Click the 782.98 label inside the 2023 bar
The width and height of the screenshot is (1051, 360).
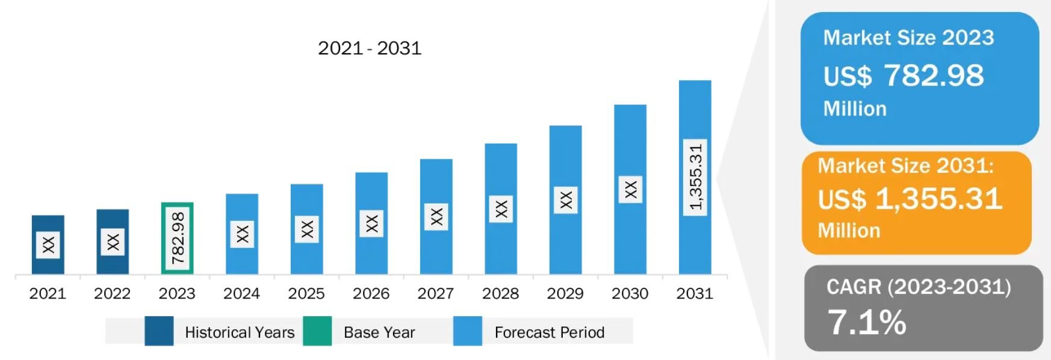pos(178,238)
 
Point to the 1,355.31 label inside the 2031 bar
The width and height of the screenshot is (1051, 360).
pos(695,177)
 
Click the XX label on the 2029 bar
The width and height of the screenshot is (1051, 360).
pos(565,200)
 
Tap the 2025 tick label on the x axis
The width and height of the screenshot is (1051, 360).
pos(306,294)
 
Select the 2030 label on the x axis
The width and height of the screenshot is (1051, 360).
pos(630,294)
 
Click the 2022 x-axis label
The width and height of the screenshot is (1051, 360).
pos(112,294)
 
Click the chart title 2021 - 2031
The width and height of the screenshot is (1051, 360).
pos(370,48)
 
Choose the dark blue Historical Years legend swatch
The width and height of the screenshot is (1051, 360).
pos(159,331)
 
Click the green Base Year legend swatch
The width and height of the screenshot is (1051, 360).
pos(317,331)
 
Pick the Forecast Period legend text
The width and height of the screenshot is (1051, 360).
pos(549,332)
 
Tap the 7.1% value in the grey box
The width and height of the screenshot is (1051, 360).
pos(866,322)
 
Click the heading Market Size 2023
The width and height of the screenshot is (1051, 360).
pos(908,38)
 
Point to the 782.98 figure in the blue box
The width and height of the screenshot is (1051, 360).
pos(934,76)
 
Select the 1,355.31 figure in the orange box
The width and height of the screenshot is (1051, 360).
pos(938,199)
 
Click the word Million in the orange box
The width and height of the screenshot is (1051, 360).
pos(849,231)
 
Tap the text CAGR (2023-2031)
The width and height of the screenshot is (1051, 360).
pos(919,287)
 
